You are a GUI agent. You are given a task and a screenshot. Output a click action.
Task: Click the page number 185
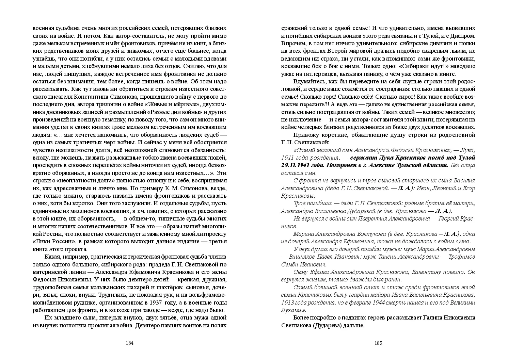click(x=379, y=343)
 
